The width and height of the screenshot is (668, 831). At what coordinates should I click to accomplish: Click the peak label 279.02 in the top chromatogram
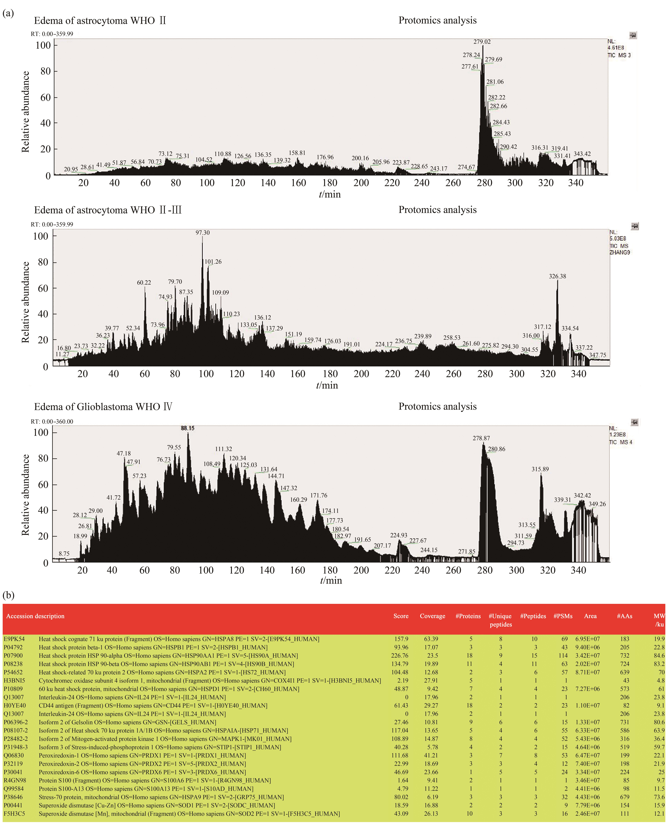[482, 42]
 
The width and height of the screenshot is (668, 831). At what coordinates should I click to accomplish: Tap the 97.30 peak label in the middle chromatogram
[203, 233]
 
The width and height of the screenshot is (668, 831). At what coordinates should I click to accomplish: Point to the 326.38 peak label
[557, 276]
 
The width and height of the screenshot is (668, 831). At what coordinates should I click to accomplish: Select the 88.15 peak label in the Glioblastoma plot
[188, 428]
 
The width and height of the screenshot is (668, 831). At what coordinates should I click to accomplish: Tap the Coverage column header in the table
[432, 616]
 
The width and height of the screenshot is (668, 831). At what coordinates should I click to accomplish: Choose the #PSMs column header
[563, 616]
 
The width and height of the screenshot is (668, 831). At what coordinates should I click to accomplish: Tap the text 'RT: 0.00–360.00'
[52, 421]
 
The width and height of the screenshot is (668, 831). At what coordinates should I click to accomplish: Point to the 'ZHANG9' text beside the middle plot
[619, 252]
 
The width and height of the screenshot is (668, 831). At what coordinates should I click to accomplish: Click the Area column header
[590, 616]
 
